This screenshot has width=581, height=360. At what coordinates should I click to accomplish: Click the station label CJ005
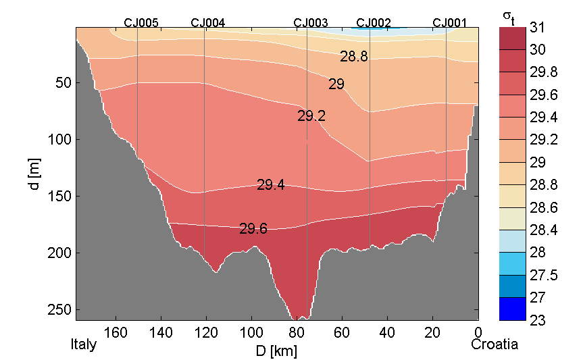141,22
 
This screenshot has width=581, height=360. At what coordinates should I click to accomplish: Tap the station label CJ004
208,22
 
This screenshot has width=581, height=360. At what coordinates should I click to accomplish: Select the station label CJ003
311,22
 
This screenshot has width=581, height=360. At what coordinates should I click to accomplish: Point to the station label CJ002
374,22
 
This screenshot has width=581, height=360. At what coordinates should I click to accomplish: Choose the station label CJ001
449,22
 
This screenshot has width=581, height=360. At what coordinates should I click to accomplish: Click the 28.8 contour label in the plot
354,57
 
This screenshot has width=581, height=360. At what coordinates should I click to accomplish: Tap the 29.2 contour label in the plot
311,116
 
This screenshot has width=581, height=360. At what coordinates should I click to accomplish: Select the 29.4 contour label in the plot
270,184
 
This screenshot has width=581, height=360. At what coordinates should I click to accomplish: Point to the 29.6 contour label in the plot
253,229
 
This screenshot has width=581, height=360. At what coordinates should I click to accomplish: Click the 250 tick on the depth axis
63,310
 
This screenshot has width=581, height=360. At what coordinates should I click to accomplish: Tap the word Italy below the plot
84,344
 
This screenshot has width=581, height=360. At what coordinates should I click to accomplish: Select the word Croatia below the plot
495,344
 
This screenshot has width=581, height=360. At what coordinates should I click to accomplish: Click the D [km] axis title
277,351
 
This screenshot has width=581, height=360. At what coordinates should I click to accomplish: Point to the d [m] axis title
35,174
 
